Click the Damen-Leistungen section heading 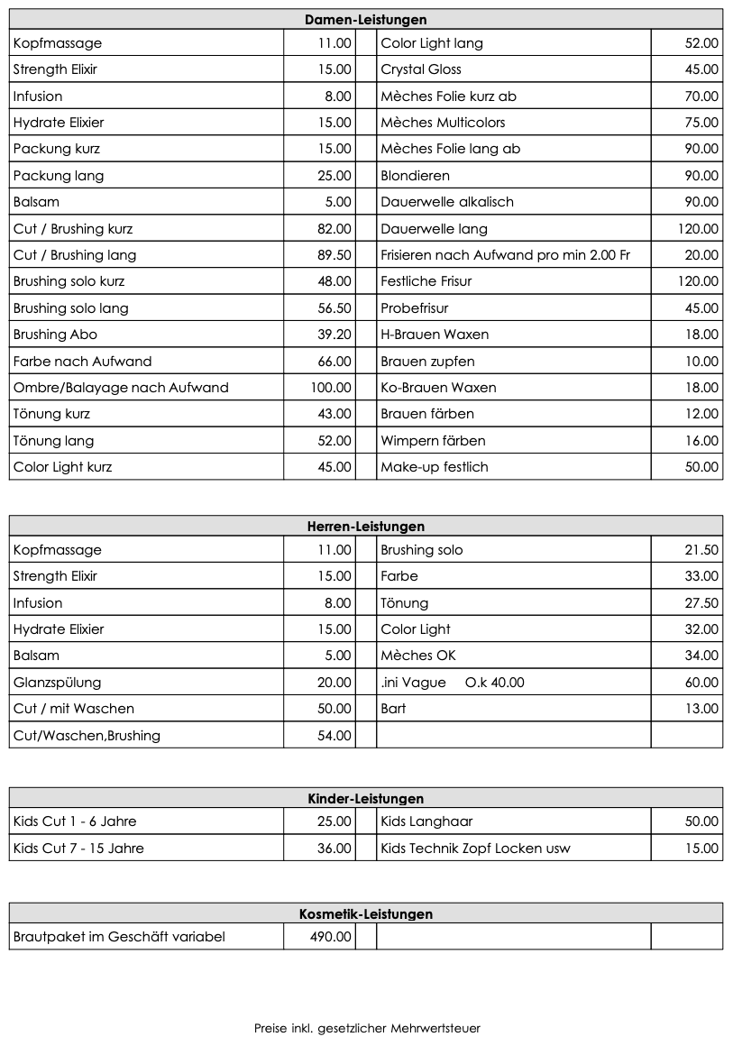(365, 19)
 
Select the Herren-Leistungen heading (365, 526)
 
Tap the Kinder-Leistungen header (365, 798)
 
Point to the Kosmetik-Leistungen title (365, 913)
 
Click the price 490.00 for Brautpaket (330, 937)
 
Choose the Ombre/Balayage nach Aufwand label (121, 388)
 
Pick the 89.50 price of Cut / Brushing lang (334, 255)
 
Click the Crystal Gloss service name (420, 69)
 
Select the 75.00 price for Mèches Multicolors (701, 123)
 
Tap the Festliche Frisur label (426, 281)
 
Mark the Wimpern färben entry (433, 441)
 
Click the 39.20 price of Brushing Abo (334, 335)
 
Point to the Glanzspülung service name (57, 683)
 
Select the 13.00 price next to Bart (701, 709)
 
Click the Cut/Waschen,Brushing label (87, 736)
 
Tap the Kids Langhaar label (426, 821)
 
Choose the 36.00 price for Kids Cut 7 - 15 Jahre (334, 849)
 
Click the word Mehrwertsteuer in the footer (435, 1028)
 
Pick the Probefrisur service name (414, 308)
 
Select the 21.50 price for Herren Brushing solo (701, 550)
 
